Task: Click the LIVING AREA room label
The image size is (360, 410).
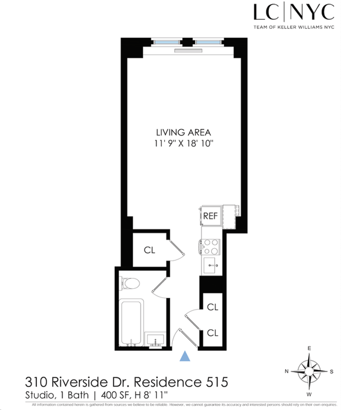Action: tap(184, 132)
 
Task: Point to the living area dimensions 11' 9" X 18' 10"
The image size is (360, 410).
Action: tap(184, 144)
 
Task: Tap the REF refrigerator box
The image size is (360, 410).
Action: tap(211, 216)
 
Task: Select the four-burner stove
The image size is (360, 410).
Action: tap(210, 247)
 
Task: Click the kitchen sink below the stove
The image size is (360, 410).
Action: tap(211, 265)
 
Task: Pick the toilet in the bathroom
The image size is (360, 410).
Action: tap(130, 283)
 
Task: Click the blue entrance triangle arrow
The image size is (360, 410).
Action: tap(184, 356)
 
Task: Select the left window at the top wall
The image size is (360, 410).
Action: tap(166, 42)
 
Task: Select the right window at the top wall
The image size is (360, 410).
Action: tap(208, 42)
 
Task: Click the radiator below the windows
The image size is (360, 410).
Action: tap(188, 51)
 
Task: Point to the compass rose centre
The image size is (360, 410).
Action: tap(309, 371)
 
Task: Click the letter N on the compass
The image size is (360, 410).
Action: tap(287, 371)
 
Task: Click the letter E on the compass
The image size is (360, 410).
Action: tap(309, 348)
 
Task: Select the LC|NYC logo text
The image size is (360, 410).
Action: tap(294, 12)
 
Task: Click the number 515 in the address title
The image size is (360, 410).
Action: tap(217, 382)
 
